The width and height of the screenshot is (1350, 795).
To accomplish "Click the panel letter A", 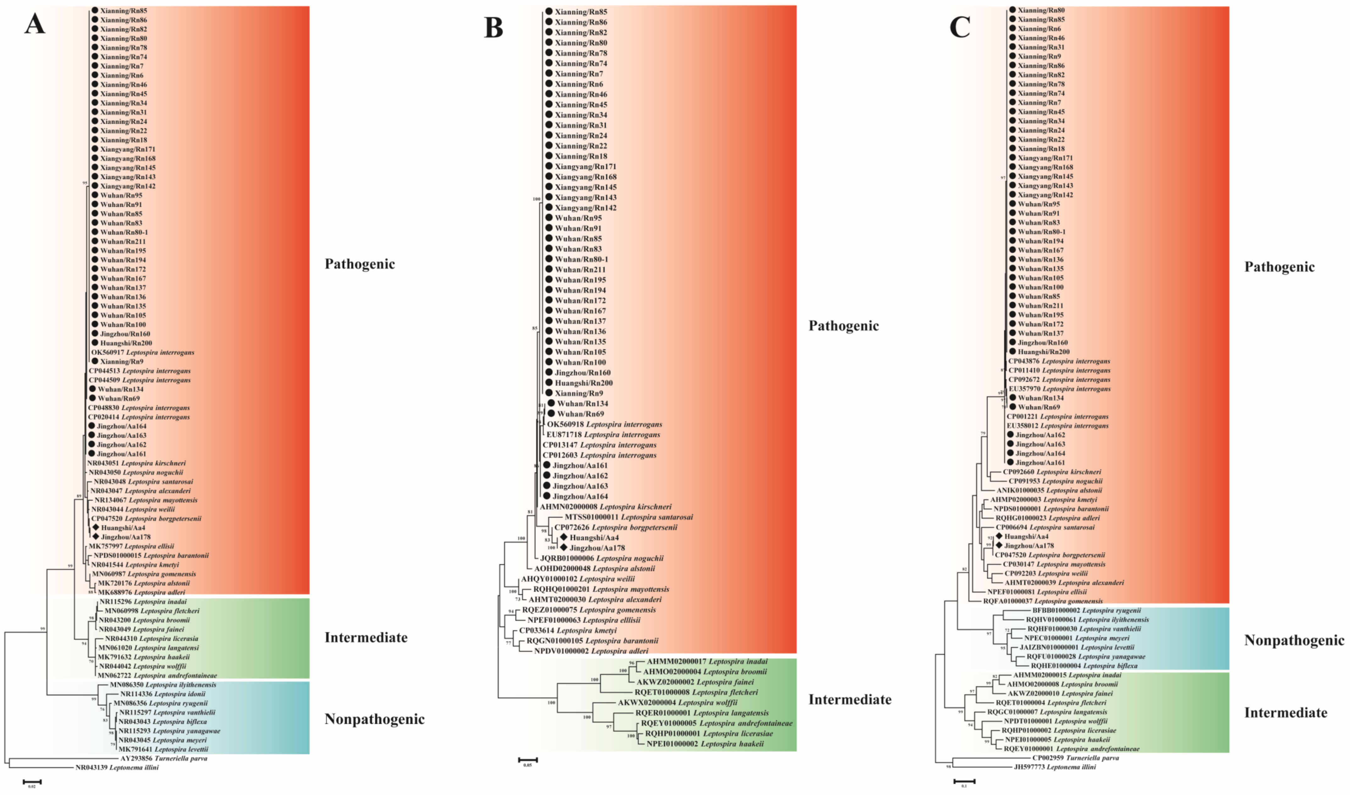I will pyautogui.click(x=35, y=24).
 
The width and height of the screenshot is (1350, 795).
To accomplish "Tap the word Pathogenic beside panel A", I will pyautogui.click(x=359, y=264).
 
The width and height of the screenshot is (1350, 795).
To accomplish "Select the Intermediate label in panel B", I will pyautogui.click(x=850, y=700).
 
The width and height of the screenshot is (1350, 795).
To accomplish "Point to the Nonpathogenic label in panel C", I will pyautogui.click(x=1294, y=640).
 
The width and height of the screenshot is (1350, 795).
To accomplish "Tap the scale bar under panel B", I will pyautogui.click(x=528, y=760).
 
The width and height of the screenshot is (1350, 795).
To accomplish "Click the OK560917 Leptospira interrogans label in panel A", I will pyautogui.click(x=143, y=353).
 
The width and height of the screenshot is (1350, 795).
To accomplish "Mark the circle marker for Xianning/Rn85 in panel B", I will pyautogui.click(x=549, y=11).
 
